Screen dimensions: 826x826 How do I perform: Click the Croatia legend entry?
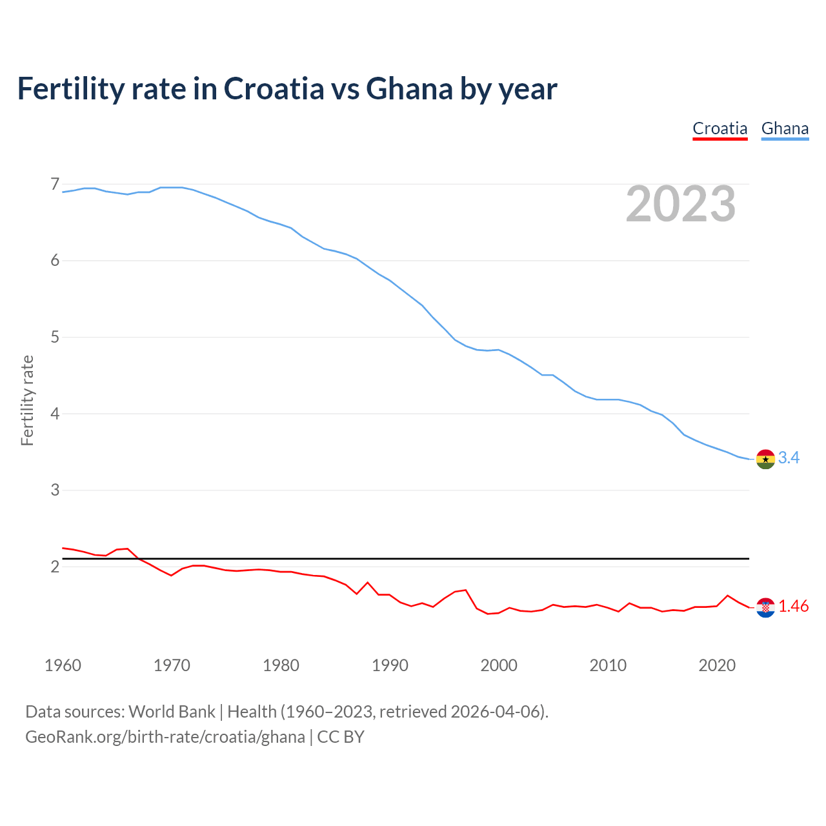720,128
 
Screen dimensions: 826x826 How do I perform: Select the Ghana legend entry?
785,128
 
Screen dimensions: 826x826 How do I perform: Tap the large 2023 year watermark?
681,204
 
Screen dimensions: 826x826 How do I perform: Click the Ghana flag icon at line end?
765,459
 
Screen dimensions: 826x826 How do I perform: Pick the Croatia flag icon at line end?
765,607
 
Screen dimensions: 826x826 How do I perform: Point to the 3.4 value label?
789,458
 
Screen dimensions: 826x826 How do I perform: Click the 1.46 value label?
793,606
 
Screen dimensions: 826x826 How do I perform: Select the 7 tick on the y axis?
55,185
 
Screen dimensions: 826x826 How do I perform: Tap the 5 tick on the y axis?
55,337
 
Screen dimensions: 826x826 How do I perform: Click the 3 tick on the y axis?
55,490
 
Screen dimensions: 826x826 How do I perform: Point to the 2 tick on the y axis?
55,567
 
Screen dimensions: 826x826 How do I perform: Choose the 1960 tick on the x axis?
63,665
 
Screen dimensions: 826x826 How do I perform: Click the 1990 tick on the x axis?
390,665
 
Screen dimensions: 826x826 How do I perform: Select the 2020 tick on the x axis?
717,665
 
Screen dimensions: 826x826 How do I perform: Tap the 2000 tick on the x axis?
499,665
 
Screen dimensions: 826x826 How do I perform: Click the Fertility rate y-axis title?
27,400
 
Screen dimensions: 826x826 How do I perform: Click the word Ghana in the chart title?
409,88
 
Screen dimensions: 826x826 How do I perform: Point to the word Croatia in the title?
274,88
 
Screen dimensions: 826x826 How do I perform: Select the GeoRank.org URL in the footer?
165,737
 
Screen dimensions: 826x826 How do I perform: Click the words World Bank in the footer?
172,712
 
